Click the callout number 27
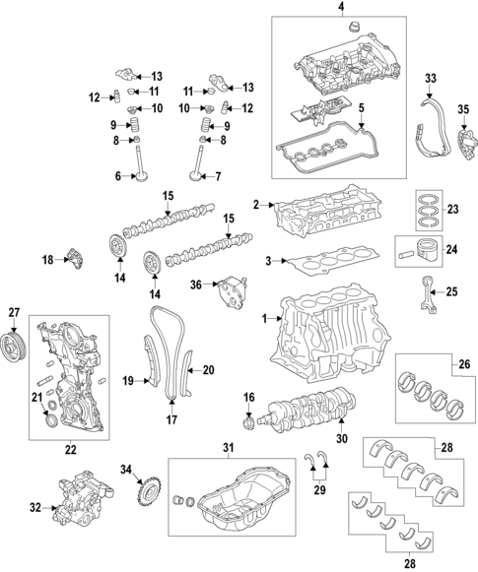pos(14,312)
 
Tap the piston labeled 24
pos(421,250)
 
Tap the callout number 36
pos(195,285)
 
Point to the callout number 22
pos(70,450)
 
